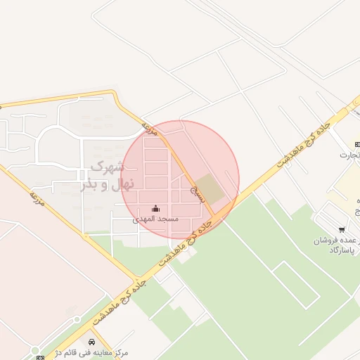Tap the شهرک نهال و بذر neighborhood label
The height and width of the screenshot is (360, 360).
[106, 176]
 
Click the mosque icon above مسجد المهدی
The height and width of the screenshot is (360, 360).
[155, 209]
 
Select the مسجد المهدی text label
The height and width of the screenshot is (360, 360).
[156, 219]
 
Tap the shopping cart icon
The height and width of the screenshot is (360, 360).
[342, 229]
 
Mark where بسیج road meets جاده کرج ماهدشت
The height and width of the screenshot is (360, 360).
[215, 214]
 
